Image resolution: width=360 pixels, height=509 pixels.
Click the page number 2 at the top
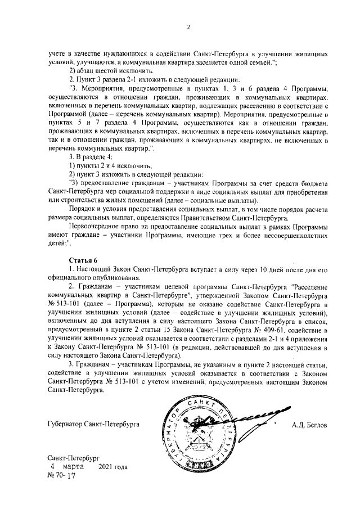tap(188, 26)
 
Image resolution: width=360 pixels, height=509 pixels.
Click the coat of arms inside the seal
tap(200, 434)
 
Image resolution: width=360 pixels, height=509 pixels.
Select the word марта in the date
tap(74, 467)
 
